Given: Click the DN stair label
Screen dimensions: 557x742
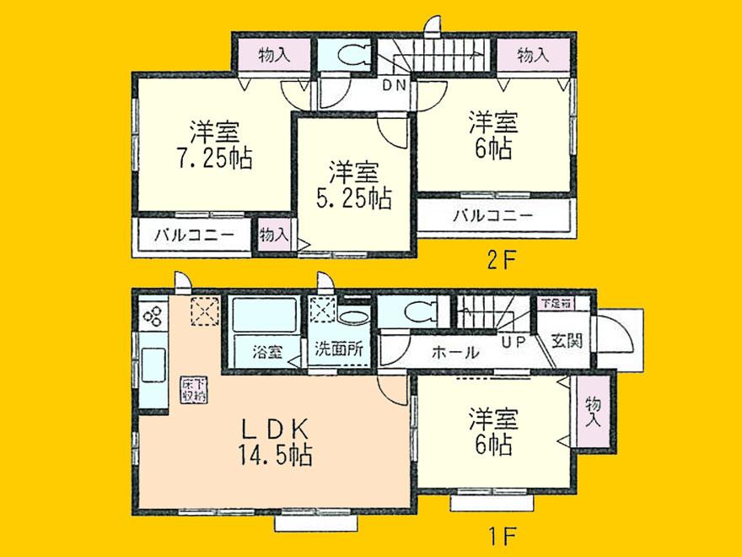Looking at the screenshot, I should (x=395, y=84).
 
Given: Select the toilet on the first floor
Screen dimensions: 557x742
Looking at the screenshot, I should (x=417, y=312).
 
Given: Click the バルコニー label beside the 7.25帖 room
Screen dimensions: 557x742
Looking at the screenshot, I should (x=193, y=236).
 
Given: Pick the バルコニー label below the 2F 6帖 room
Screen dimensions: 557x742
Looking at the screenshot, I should (x=493, y=214).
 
